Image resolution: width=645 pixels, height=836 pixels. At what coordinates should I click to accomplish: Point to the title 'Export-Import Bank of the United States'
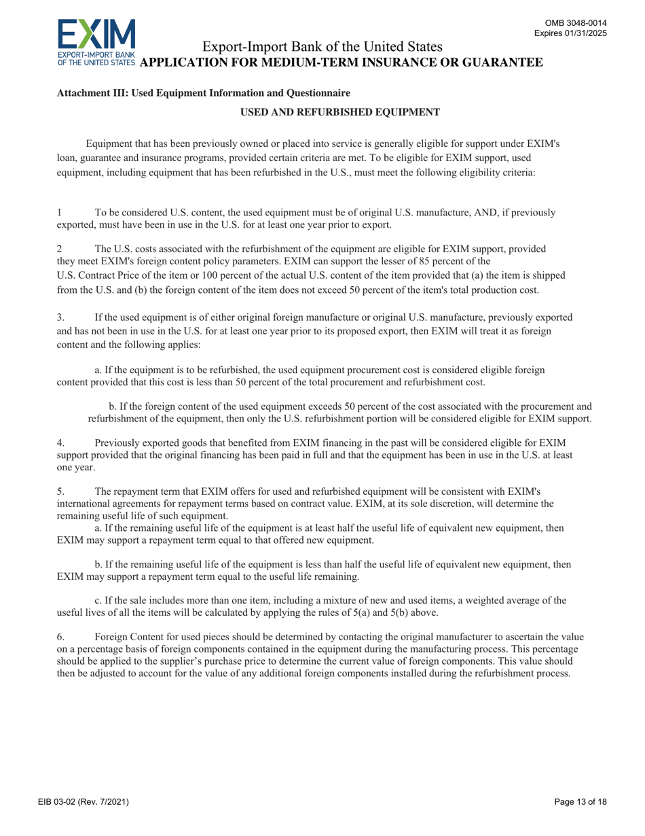point(323,47)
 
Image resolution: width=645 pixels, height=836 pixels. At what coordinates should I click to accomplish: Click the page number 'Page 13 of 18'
point(580,802)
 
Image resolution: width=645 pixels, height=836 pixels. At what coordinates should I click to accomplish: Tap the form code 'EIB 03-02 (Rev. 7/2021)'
point(84,802)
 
